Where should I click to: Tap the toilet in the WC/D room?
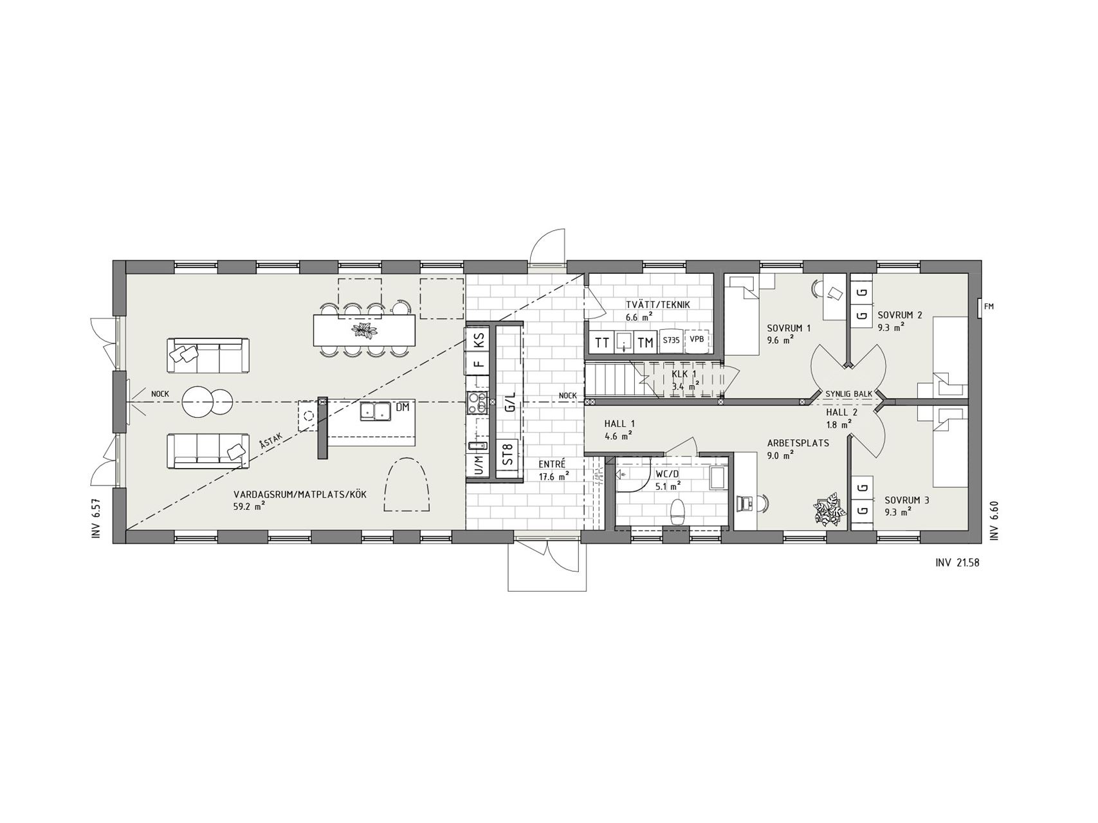click(x=677, y=512)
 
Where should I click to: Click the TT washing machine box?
click(x=602, y=342)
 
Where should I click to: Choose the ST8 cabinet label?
click(x=508, y=455)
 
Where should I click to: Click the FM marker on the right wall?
click(x=989, y=307)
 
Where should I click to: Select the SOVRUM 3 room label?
click(x=907, y=500)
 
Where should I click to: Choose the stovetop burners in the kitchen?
click(x=477, y=402)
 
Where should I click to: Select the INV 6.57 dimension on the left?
click(x=96, y=518)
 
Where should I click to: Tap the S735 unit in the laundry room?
click(x=670, y=341)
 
